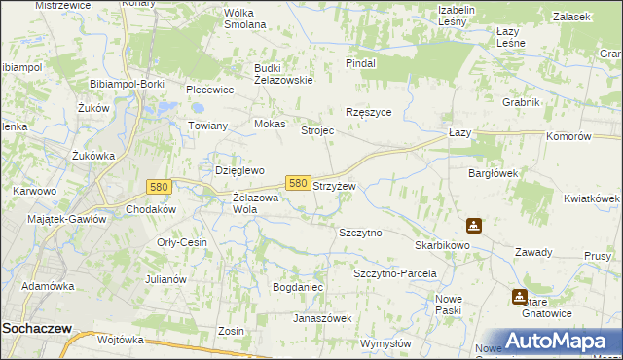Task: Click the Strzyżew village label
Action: coord(334,185)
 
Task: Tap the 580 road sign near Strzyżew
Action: coord(299,183)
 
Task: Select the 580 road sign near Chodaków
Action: coord(160,186)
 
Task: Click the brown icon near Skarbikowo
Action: coord(473,226)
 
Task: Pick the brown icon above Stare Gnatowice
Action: coord(521,297)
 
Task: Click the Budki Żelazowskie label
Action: coord(283,74)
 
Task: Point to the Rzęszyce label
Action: coord(369,112)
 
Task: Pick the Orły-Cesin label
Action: coord(182,242)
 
